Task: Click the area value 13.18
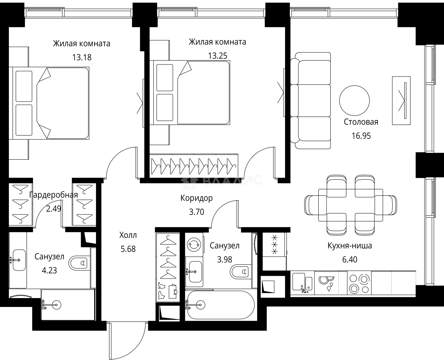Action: click(x=82, y=57)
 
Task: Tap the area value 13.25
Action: click(x=218, y=56)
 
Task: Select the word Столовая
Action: click(x=361, y=122)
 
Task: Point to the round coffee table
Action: click(x=354, y=101)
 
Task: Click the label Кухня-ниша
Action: click(x=349, y=246)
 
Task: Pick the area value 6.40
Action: click(x=349, y=259)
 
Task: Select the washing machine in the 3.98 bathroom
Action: click(x=194, y=245)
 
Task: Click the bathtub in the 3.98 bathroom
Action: click(x=221, y=305)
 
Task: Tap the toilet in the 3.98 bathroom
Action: click(x=240, y=272)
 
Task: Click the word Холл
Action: click(x=128, y=235)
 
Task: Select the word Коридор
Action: click(x=197, y=198)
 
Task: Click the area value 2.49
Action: click(x=53, y=209)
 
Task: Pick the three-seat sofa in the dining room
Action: click(x=311, y=101)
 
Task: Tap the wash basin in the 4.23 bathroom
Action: click(x=19, y=260)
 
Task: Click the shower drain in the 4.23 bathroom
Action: click(x=56, y=305)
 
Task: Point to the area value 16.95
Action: click(x=361, y=136)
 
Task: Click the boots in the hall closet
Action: click(x=161, y=291)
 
